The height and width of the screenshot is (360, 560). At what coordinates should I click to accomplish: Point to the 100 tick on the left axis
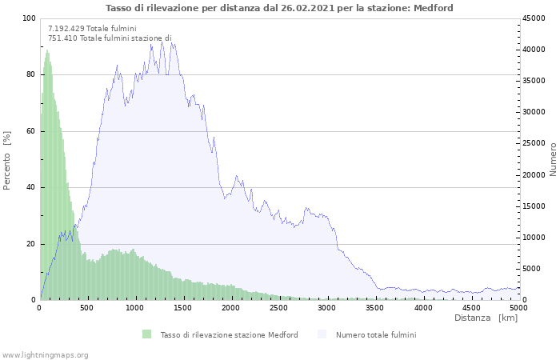coord(29,18)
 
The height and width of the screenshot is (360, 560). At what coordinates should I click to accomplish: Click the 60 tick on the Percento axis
coord(31,131)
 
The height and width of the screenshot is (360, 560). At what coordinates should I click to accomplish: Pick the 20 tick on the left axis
coord(31,244)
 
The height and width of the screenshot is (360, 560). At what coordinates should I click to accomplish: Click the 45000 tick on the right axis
coord(534,18)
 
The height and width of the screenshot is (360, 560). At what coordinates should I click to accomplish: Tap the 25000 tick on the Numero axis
coord(534,144)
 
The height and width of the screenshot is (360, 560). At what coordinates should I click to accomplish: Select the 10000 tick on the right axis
coord(534,238)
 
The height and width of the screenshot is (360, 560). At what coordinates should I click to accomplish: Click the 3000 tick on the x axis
coord(327,307)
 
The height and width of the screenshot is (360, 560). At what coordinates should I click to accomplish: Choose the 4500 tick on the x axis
coord(471,307)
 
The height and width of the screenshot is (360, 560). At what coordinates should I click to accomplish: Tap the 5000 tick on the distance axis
coord(518,307)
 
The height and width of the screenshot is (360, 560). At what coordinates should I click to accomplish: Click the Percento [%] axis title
coord(7,160)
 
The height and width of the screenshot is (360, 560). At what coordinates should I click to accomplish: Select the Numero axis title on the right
coord(553,159)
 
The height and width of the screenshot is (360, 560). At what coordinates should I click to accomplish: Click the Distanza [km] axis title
coord(486,318)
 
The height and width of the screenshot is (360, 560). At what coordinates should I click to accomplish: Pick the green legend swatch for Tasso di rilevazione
coord(146,334)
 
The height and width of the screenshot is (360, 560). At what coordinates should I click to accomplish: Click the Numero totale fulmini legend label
coord(376,334)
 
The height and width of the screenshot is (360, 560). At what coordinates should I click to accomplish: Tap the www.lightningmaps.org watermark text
coord(45,354)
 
